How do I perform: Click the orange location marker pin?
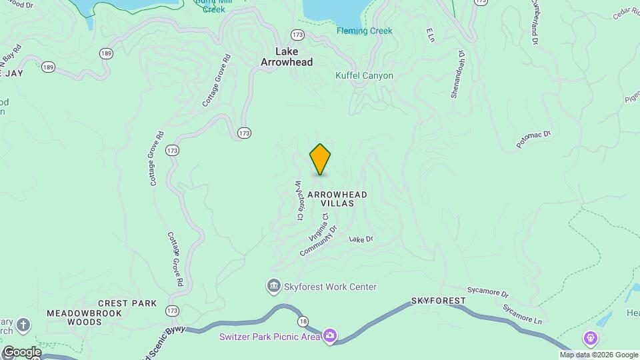tap(320, 159)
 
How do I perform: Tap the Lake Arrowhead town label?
tap(286, 57)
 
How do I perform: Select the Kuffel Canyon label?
tap(364, 76)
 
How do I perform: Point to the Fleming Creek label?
tap(365, 31)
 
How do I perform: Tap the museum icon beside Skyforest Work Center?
tap(273, 287)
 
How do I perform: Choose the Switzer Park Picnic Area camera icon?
tap(329, 335)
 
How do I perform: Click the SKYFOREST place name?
tap(438, 301)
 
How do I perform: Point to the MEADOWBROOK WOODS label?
tap(75, 317)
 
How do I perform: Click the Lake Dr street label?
tap(361, 239)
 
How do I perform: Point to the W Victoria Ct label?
tap(299, 201)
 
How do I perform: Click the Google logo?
tap(22, 351)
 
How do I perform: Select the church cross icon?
tap(23, 325)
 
